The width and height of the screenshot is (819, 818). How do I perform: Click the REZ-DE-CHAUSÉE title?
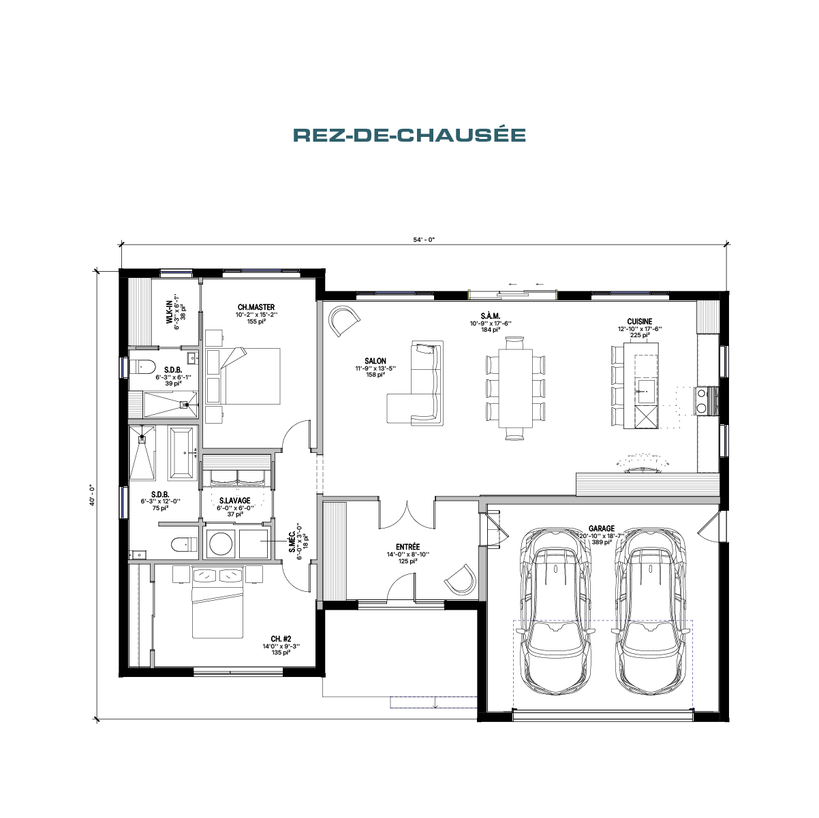[x=409, y=135]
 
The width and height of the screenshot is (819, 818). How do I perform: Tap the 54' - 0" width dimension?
[x=424, y=240]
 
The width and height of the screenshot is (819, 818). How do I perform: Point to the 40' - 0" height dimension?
[x=91, y=495]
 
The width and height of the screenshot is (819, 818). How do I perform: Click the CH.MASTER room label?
[x=256, y=306]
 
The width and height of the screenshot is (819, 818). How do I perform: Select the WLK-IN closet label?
[x=169, y=313]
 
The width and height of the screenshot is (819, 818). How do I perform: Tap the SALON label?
[x=375, y=361]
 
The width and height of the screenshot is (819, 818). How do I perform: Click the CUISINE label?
[x=639, y=321]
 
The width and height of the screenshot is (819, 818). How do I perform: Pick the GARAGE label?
[x=602, y=529]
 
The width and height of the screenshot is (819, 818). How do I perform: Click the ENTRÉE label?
[x=407, y=547]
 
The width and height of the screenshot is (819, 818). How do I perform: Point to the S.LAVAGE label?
[x=234, y=501]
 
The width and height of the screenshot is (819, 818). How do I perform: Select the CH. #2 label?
[x=281, y=639]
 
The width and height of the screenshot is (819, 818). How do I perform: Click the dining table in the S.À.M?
[x=516, y=388]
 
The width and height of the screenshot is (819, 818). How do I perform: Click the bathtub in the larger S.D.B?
[x=183, y=453]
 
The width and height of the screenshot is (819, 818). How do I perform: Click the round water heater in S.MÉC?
[x=221, y=544]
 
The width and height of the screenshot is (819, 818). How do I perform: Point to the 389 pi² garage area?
[x=602, y=542]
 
